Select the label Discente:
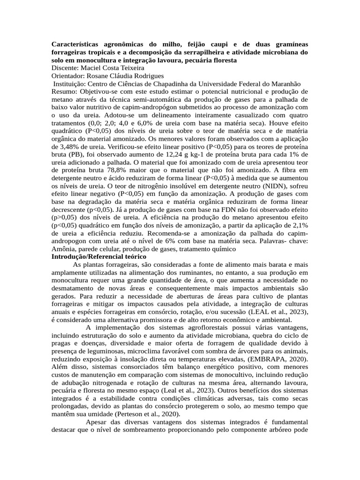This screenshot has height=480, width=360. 65,67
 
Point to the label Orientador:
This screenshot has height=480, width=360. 69,75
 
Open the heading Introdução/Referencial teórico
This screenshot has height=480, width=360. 99,257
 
